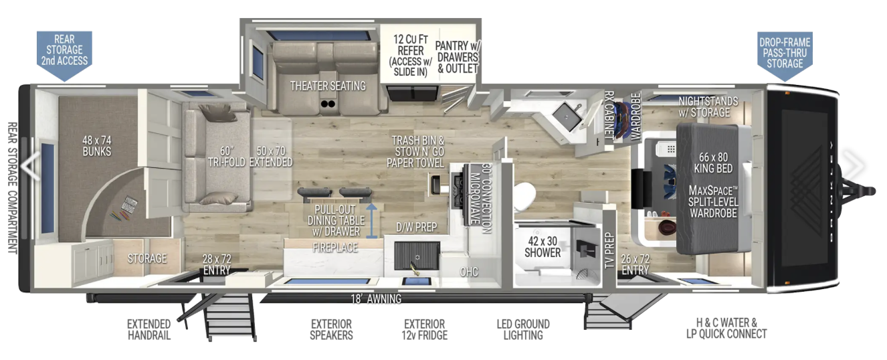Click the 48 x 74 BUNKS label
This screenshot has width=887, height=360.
tap(97, 146)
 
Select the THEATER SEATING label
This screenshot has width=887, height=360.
tap(328, 86)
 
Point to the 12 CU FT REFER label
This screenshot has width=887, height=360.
tap(411, 45)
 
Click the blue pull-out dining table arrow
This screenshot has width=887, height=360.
tap(371, 221)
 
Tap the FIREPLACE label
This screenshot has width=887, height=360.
tap(335, 248)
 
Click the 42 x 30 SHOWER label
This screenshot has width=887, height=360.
tap(543, 247)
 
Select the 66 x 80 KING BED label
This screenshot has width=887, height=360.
tap(713, 163)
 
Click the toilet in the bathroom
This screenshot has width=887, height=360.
tap(524, 197)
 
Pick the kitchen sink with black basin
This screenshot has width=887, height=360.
tap(417, 256)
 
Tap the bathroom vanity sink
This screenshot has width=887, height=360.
tap(567, 117)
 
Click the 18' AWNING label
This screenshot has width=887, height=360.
tap(376, 299)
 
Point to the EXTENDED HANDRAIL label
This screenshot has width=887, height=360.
tap(149, 329)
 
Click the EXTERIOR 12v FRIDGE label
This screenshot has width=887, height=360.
tap(425, 329)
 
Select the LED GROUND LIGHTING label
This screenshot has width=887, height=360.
tap(523, 329)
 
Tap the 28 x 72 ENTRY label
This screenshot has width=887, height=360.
tap(217, 264)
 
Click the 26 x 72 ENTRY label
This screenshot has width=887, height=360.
tap(635, 264)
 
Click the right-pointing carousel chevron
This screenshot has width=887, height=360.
tap(856, 165)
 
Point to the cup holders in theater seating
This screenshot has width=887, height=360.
tap(328, 104)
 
